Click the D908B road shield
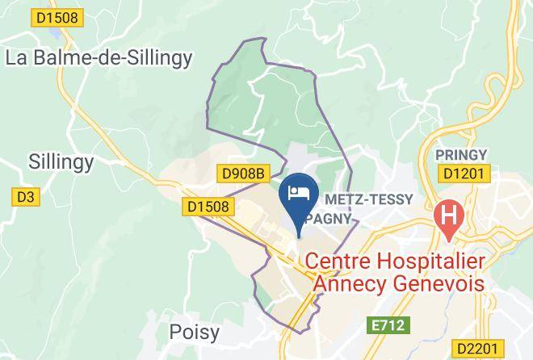(x=242, y=173)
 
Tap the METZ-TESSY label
(x=368, y=199)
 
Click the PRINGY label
(x=461, y=154)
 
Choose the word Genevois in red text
(x=439, y=284)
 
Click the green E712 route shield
(x=390, y=324)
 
